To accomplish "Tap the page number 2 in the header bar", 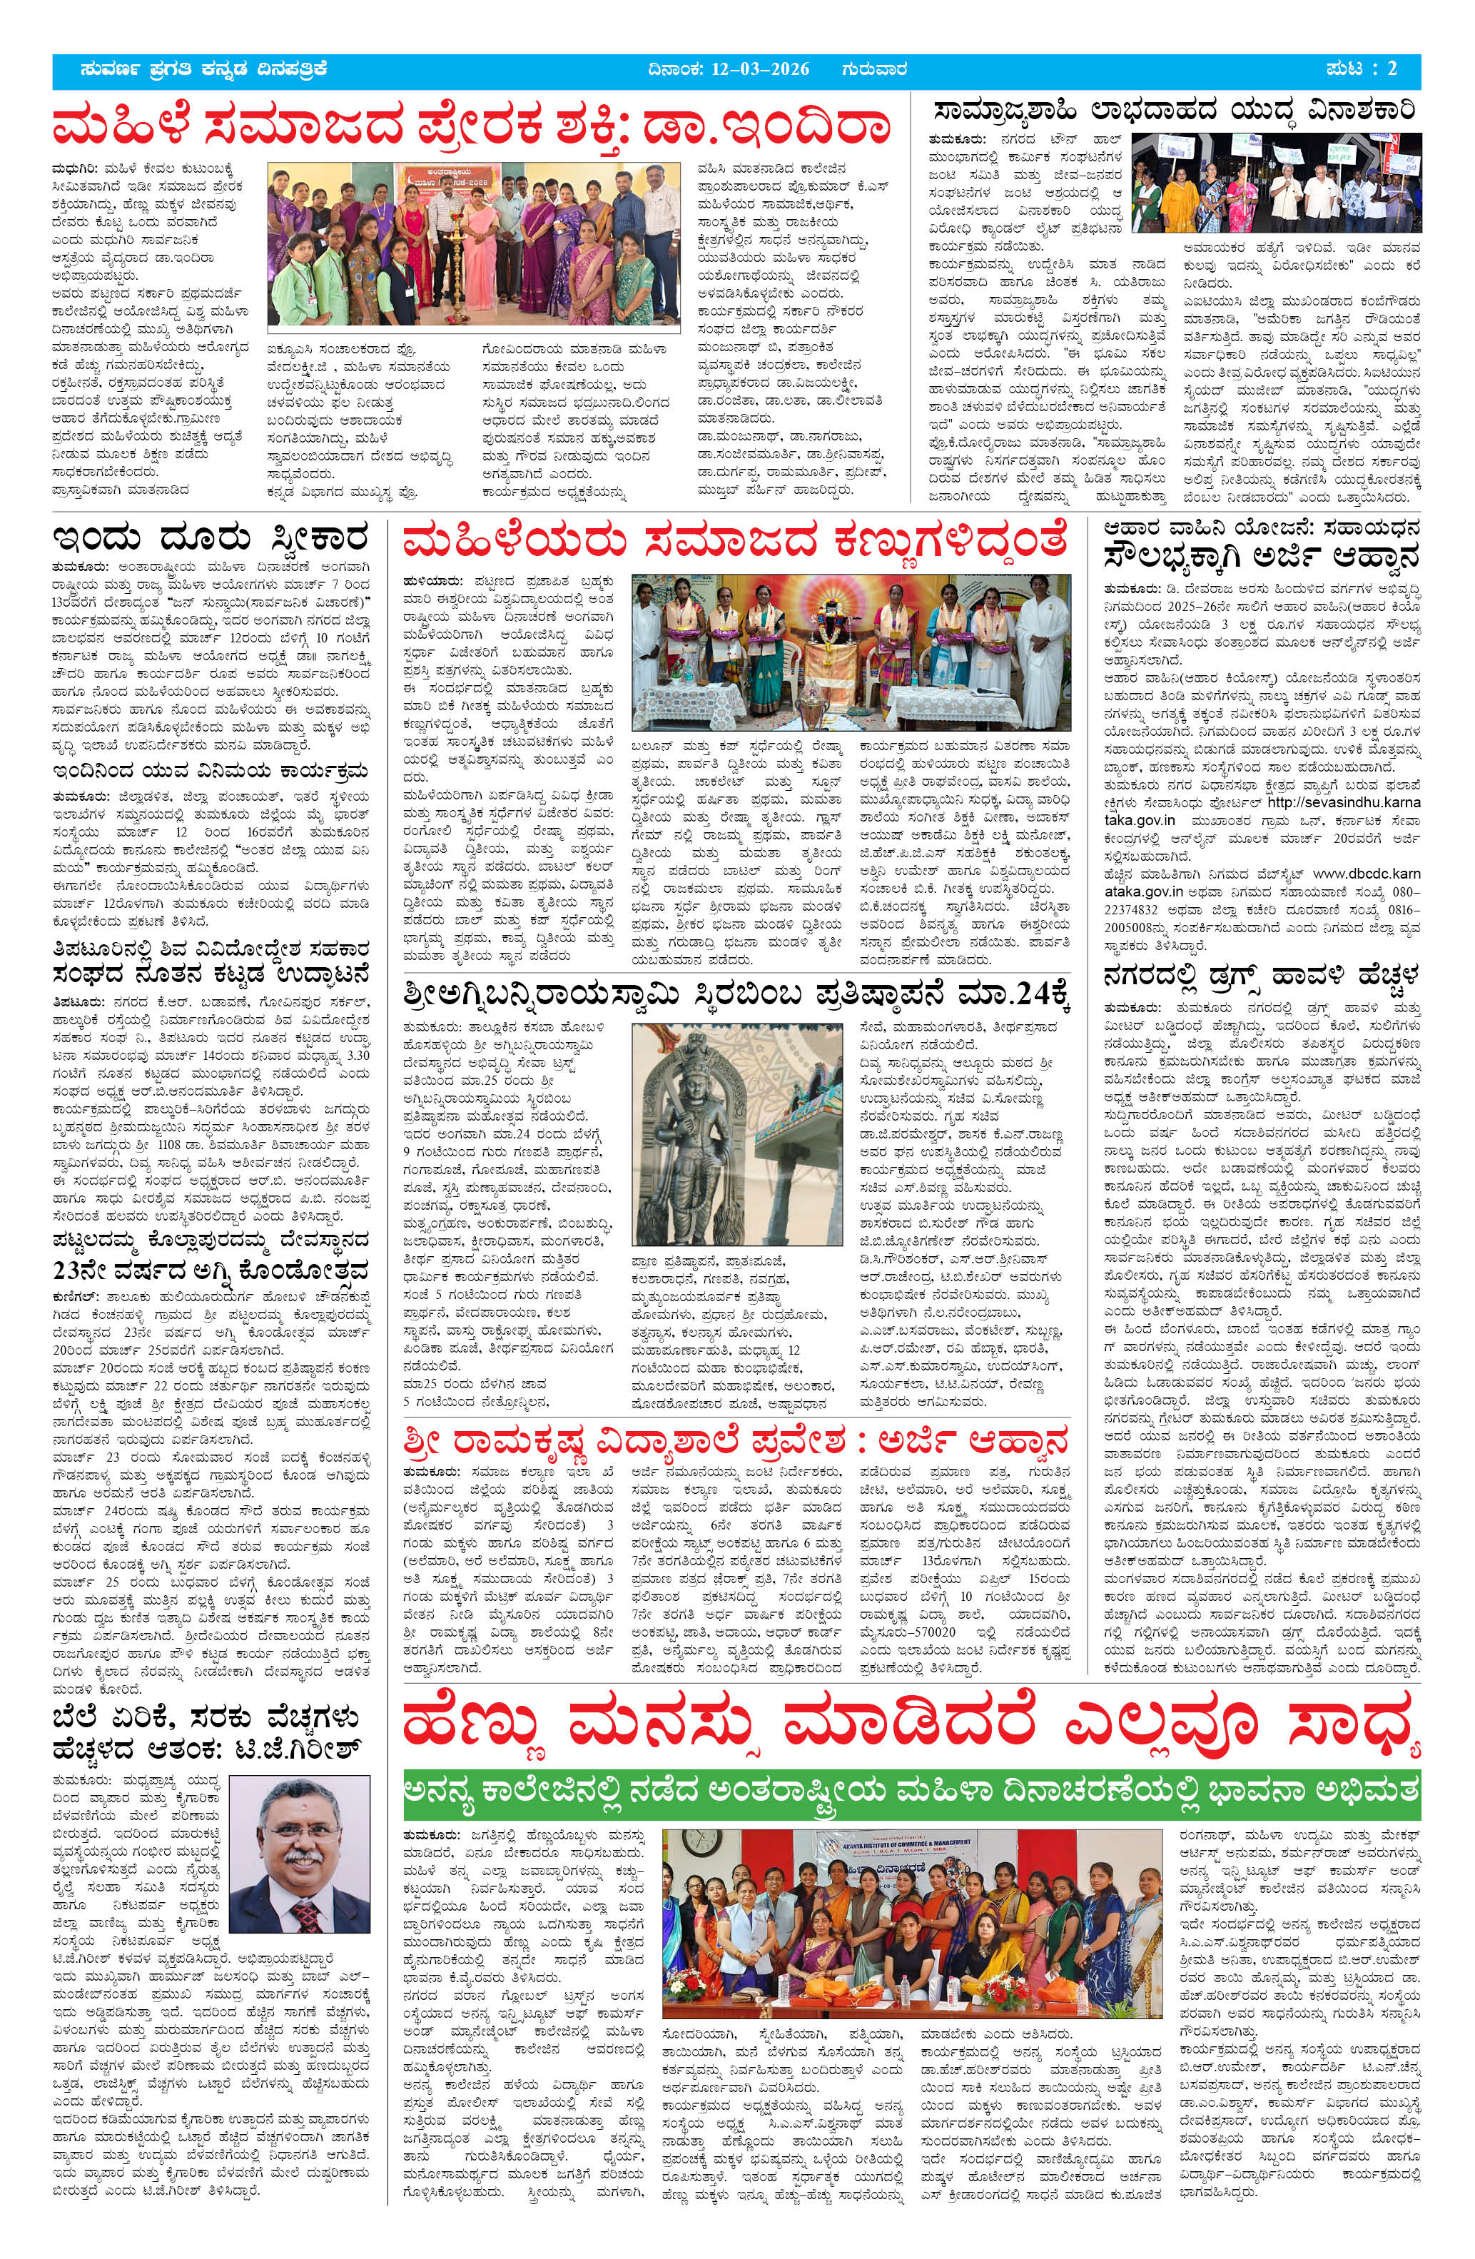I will pyautogui.click(x=1392, y=69).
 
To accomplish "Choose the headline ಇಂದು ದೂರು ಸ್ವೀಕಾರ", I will pyautogui.click(x=210, y=539).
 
